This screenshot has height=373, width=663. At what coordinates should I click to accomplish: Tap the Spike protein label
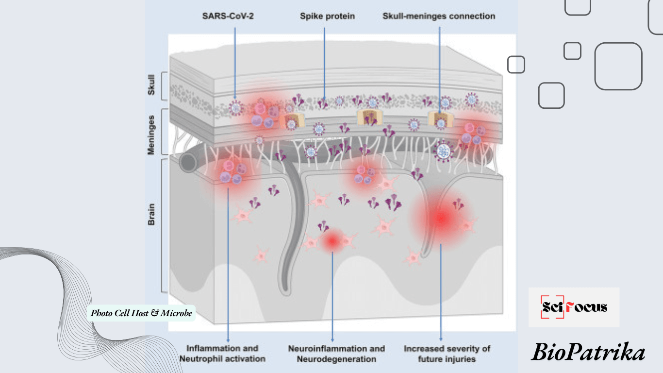[327, 17]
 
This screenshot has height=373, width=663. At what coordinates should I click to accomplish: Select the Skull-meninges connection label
[439, 17]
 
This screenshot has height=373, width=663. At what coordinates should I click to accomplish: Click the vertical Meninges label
[151, 135]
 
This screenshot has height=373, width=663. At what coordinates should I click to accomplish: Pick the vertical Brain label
[151, 214]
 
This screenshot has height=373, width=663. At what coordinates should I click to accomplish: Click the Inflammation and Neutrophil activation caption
[222, 354]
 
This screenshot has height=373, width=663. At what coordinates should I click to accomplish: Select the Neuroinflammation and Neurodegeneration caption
[336, 354]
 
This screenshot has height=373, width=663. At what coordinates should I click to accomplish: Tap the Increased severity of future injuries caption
[447, 354]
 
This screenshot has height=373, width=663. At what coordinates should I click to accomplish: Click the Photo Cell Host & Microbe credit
[141, 313]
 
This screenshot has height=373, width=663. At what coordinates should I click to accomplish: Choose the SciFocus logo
[574, 307]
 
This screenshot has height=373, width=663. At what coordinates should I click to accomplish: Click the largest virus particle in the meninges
[443, 152]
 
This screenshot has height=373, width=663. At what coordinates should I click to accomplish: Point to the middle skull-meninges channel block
[368, 118]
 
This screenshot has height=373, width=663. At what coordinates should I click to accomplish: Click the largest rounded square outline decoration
[618, 66]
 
